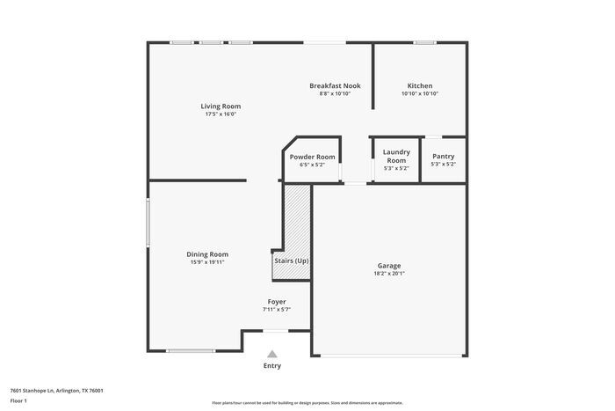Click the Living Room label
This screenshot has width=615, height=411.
(x=221, y=106)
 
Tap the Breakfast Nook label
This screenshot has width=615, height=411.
(x=335, y=85)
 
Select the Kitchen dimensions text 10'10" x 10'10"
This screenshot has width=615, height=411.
(x=420, y=93)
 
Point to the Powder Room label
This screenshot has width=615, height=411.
(x=312, y=157)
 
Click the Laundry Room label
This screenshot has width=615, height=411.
(x=396, y=156)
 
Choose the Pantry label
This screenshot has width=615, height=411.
(x=443, y=156)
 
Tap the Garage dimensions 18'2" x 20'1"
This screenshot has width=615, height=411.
(x=389, y=274)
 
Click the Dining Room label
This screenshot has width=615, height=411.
(x=207, y=254)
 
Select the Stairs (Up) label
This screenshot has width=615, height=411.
(x=292, y=261)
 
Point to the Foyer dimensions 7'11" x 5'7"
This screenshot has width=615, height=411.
(x=277, y=310)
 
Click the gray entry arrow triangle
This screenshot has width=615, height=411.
(x=272, y=354)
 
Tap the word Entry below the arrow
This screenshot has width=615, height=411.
(x=272, y=366)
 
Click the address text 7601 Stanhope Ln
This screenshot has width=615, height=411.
(x=32, y=391)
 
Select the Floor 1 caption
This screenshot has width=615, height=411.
(x=18, y=400)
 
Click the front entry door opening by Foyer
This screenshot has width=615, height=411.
(x=275, y=331)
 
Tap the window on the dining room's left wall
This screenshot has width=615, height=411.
(x=148, y=223)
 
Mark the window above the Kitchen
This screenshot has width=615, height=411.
(x=424, y=42)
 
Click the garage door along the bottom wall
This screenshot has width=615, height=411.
(x=392, y=356)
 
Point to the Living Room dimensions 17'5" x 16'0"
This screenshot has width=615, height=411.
(x=221, y=114)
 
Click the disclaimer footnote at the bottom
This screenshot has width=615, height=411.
(x=307, y=403)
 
